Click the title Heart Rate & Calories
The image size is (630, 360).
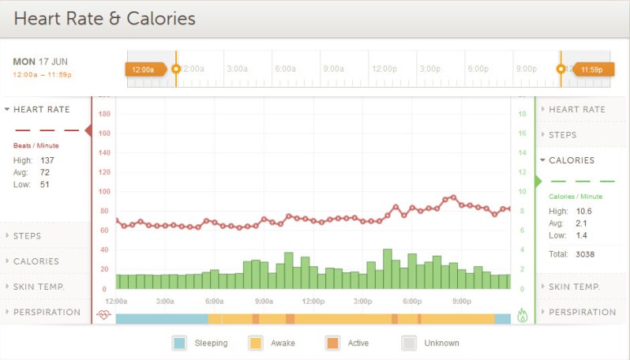click(x=104, y=17)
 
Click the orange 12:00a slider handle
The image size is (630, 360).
click(x=145, y=69)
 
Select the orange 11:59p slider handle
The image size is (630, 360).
click(x=592, y=69)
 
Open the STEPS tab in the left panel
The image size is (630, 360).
click(x=28, y=236)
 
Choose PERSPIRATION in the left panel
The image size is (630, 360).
click(x=47, y=312)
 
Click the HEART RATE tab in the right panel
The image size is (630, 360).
click(x=576, y=110)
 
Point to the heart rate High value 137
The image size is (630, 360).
click(x=47, y=160)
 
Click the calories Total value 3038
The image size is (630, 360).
click(x=585, y=254)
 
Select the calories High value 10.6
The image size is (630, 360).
click(x=583, y=211)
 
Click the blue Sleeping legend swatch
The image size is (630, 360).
click(x=179, y=343)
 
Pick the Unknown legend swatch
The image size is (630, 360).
click(x=409, y=343)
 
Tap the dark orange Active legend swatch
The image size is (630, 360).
click(x=332, y=343)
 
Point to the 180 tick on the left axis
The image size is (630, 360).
click(x=103, y=114)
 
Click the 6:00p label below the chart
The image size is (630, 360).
click(x=411, y=302)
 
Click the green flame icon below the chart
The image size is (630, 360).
click(x=522, y=314)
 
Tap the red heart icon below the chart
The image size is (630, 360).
click(x=103, y=314)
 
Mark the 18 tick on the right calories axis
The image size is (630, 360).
click(x=521, y=114)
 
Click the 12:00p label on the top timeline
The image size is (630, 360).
click(x=384, y=69)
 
